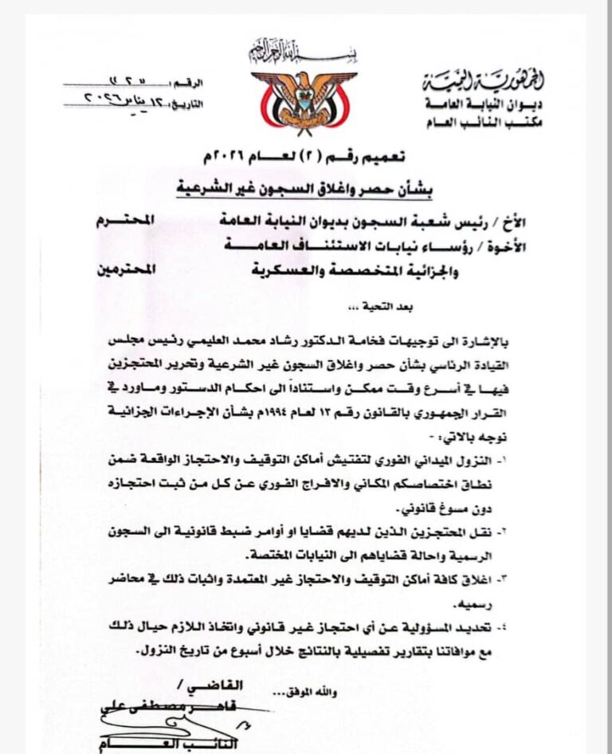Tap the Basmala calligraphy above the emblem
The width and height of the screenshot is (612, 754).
(304, 53)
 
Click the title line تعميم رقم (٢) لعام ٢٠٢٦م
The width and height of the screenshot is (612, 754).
(311, 156)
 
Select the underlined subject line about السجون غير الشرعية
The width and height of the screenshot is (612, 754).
(311, 188)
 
